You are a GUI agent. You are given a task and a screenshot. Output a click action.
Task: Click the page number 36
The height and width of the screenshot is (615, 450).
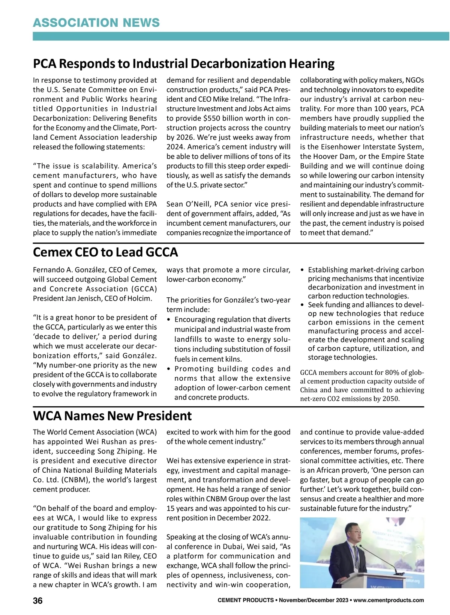[38, 601]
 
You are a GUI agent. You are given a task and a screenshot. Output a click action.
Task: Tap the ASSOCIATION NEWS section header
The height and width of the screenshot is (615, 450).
[96, 23]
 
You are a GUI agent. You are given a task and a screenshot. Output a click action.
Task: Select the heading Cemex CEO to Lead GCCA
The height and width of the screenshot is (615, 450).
[105, 252]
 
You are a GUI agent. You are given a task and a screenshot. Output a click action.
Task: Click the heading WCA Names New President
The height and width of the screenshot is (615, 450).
[112, 416]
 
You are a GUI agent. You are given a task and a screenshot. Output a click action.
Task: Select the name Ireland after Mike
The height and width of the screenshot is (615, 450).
[273, 99]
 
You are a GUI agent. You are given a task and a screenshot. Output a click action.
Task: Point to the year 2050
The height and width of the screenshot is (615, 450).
[390, 399]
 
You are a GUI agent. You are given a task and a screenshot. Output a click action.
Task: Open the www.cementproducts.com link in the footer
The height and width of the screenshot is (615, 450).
[388, 600]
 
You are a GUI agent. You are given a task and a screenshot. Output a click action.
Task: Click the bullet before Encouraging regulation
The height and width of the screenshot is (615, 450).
[169, 320]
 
